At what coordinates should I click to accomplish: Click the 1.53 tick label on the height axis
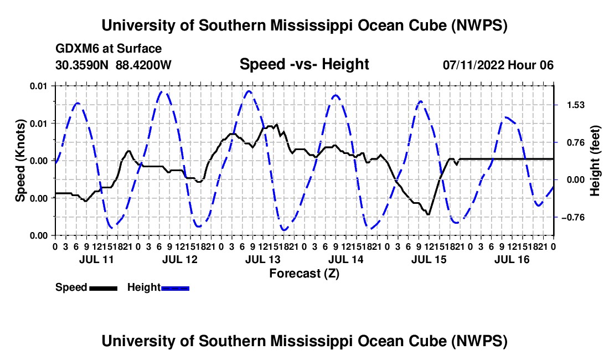pos(576,105)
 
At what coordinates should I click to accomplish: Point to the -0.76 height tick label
pos(573,218)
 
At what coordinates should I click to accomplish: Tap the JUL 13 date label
pos(262,259)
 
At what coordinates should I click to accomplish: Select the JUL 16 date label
pos(512,259)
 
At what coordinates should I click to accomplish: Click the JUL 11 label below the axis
pos(96,259)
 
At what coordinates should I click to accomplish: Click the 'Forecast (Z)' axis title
pos(304,274)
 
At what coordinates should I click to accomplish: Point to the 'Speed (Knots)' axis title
pos(20,161)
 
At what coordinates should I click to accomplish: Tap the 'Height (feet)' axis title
pos(595,161)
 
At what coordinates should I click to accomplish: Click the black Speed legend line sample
pos(104,288)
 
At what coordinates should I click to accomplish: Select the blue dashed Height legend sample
pos(175,288)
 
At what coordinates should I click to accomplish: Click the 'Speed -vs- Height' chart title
pos(304,64)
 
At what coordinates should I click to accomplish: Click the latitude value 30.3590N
pos(82,65)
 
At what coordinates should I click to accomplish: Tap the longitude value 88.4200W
pos(143,65)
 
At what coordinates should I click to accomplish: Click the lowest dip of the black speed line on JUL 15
pos(428,214)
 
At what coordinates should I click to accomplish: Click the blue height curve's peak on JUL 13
pos(249,91)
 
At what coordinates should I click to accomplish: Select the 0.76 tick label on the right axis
pos(576,143)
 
